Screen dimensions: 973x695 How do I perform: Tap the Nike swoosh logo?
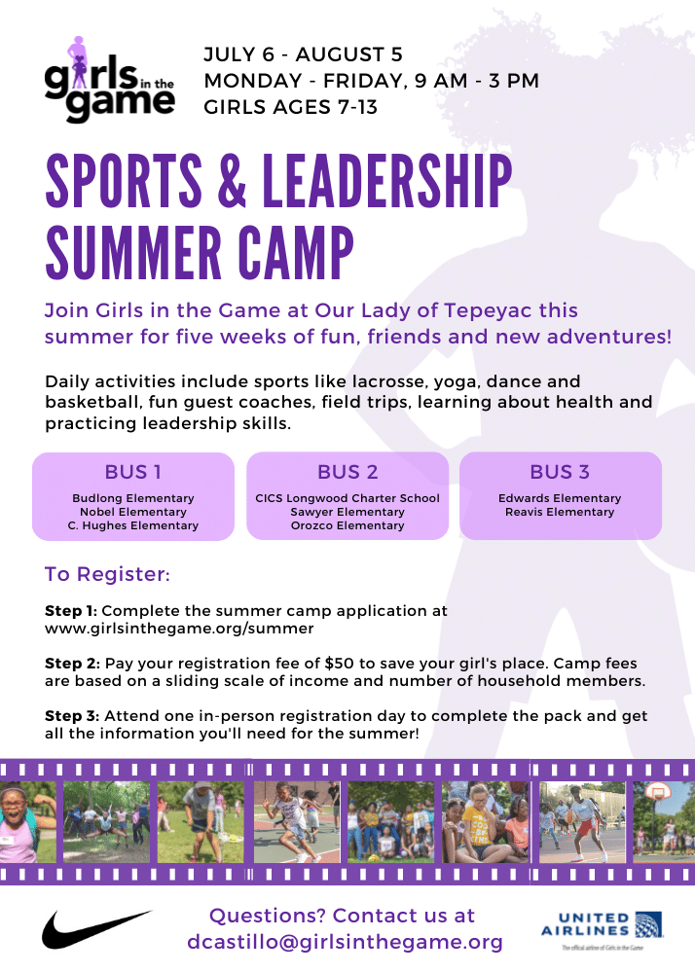pos(95,928)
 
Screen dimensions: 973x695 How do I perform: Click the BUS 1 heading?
pos(133,473)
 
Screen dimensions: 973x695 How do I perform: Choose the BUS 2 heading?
pos(347,473)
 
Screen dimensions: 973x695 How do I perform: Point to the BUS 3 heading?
pos(560,473)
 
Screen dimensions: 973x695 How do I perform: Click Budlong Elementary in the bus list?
pos(133,498)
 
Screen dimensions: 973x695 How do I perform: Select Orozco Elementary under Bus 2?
pos(347,525)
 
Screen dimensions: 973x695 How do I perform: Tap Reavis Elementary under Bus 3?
pos(560,512)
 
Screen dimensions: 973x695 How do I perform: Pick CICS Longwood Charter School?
pos(347,498)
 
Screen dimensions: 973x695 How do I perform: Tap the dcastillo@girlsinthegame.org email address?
pos(346,942)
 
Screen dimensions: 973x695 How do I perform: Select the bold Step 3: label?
pos(71,716)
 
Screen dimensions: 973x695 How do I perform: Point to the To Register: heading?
pos(107,575)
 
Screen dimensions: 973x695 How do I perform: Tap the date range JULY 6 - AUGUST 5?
pos(303,55)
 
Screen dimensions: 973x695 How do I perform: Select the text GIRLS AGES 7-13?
pos(290,107)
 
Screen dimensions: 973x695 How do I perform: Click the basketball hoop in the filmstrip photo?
pos(659,793)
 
